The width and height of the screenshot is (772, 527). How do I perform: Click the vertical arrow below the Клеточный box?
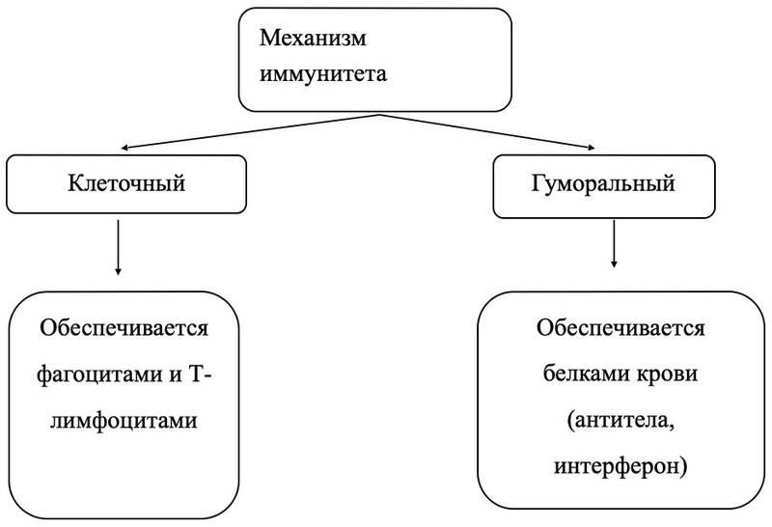point(117,247)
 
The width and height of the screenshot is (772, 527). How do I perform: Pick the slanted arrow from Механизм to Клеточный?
point(251,132)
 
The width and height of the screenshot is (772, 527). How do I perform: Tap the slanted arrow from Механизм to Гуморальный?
point(492,132)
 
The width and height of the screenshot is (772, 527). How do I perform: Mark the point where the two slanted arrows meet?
point(379,114)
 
